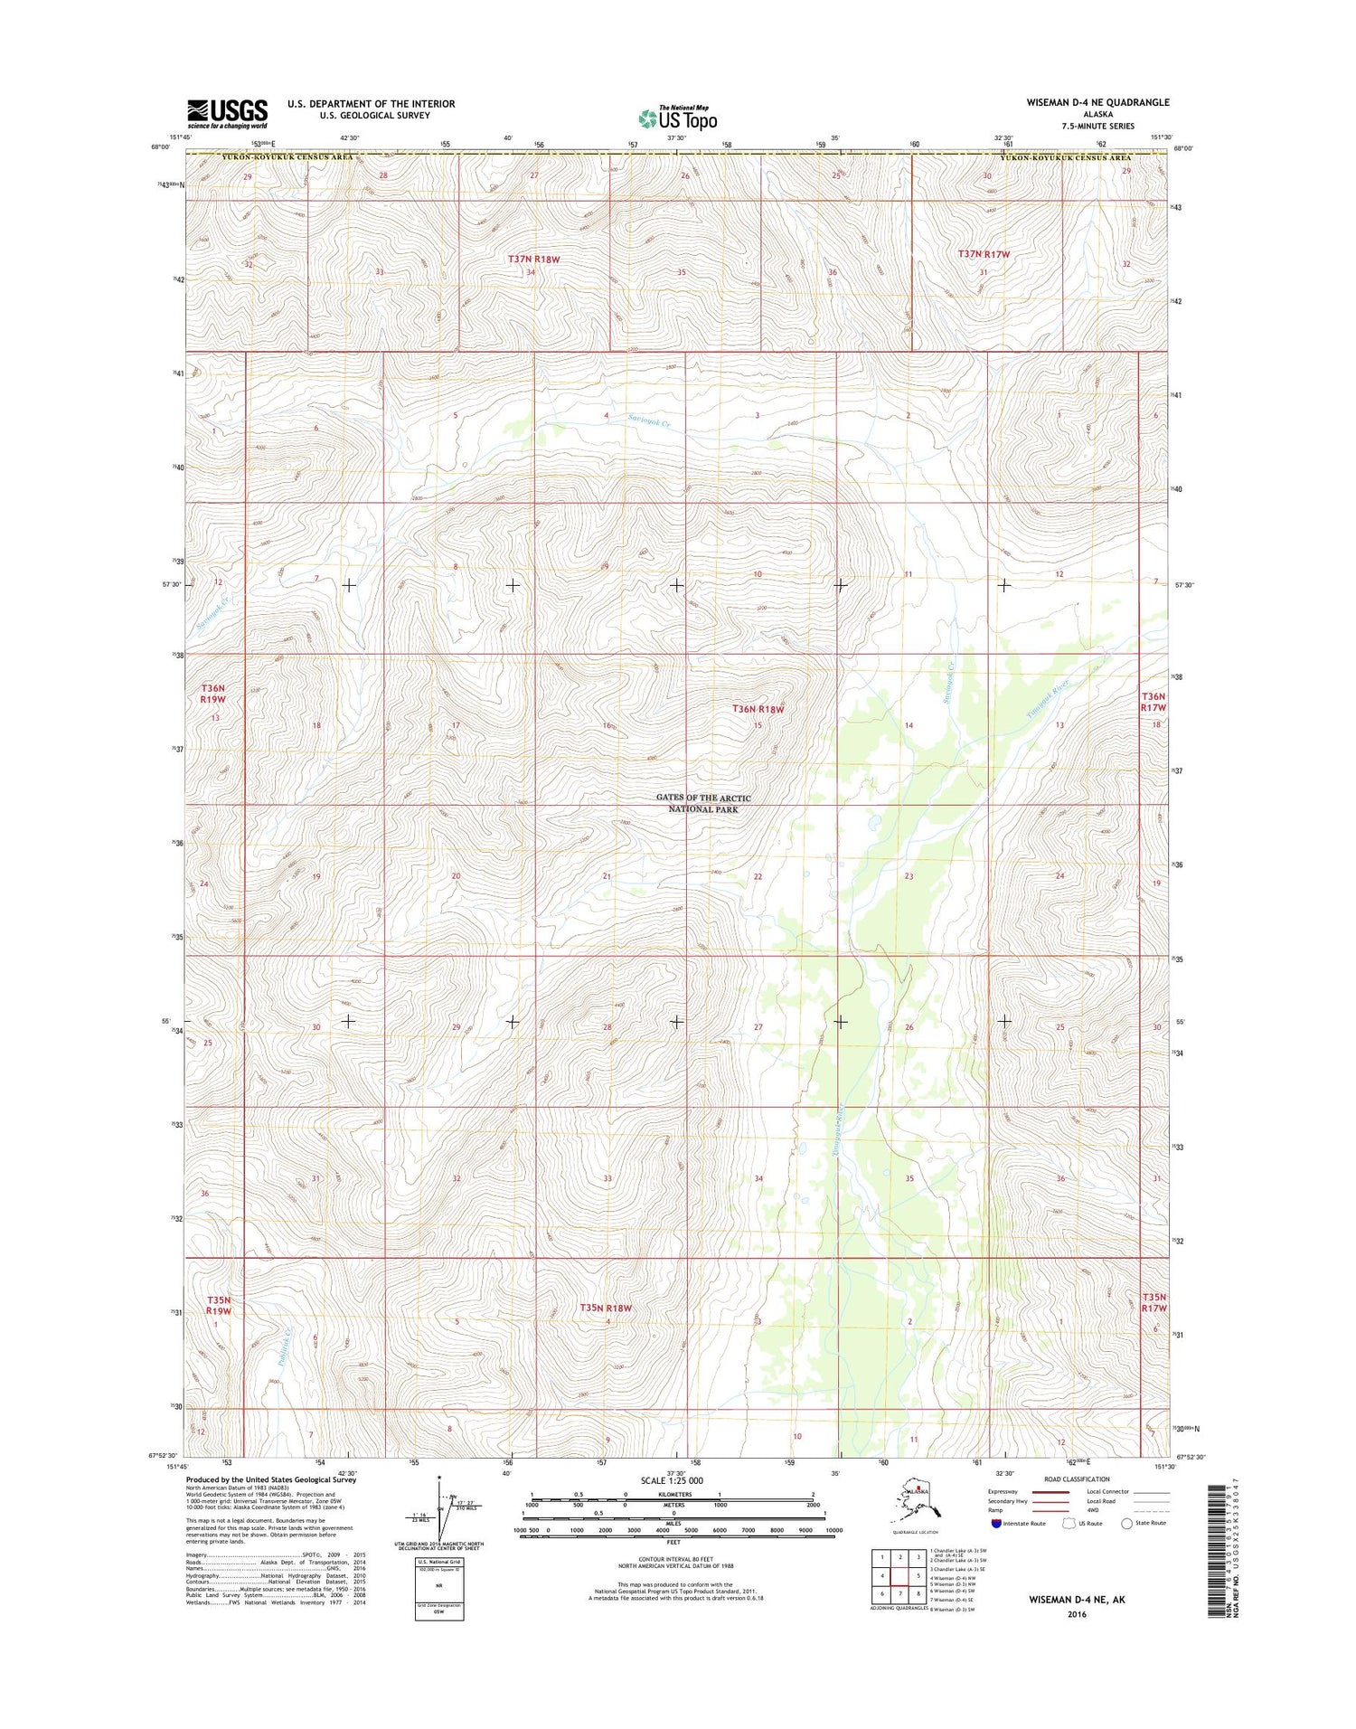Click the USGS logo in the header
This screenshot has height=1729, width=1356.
click(x=227, y=113)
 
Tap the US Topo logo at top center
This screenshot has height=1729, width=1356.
click(x=678, y=118)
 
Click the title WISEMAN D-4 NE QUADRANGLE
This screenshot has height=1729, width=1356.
click(x=1097, y=103)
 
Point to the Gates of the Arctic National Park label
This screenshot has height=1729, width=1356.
click(x=703, y=803)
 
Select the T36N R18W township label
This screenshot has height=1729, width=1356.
click(x=758, y=710)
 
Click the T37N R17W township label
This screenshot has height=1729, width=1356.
click(x=984, y=255)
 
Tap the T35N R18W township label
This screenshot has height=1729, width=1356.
click(x=605, y=1308)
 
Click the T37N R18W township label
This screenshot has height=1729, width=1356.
click(x=533, y=260)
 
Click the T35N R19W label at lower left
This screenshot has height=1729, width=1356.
click(x=218, y=1305)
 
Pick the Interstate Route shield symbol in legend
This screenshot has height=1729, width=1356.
click(x=997, y=1523)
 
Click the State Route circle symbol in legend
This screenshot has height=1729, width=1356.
click(x=1126, y=1523)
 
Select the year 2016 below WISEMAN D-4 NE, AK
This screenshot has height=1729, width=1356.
click(x=1076, y=1614)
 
